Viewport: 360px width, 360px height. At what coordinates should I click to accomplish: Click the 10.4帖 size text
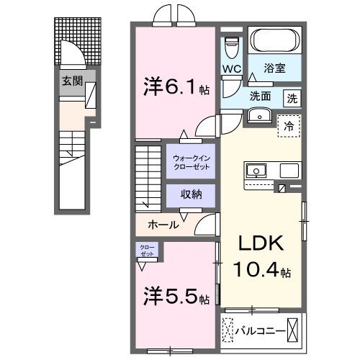[x=261, y=272]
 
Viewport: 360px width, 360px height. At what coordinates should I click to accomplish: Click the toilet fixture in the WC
[x=231, y=46]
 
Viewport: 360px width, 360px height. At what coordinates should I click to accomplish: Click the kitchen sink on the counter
[x=256, y=171]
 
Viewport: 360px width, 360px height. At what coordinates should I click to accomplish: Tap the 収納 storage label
[x=191, y=194]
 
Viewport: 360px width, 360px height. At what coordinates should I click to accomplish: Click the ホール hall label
[x=163, y=225]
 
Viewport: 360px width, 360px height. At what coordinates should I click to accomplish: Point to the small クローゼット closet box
[x=147, y=251]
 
